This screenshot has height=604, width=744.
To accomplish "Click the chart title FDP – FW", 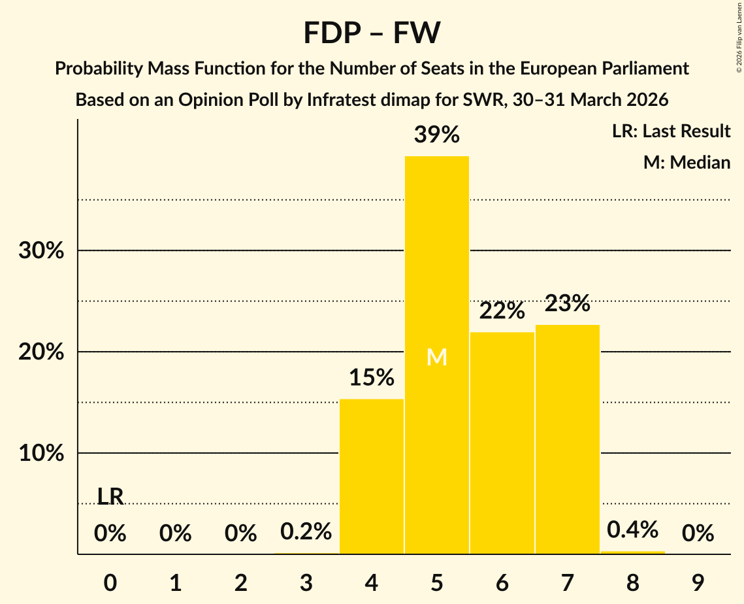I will [x=372, y=33].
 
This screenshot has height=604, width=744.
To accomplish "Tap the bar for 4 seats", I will [x=371, y=477].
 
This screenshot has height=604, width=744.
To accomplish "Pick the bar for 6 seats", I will [x=502, y=445].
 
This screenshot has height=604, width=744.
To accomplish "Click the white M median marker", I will [x=436, y=357].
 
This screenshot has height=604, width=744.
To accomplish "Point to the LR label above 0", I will [x=110, y=497].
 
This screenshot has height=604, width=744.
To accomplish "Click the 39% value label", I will [x=436, y=135].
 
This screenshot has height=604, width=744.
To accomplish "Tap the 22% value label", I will [x=502, y=311].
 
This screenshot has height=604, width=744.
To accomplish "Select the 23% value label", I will [x=567, y=303].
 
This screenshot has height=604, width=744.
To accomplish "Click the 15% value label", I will [x=371, y=378].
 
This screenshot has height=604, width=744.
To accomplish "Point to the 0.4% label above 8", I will [x=632, y=530].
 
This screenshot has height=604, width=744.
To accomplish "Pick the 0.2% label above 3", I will [x=306, y=531].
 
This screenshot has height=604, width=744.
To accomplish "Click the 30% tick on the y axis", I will [x=41, y=251].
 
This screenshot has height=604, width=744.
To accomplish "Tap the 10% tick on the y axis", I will [x=41, y=454].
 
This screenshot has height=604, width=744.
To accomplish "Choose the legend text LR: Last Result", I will [x=671, y=131].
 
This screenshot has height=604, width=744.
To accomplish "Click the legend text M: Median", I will [x=687, y=162].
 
